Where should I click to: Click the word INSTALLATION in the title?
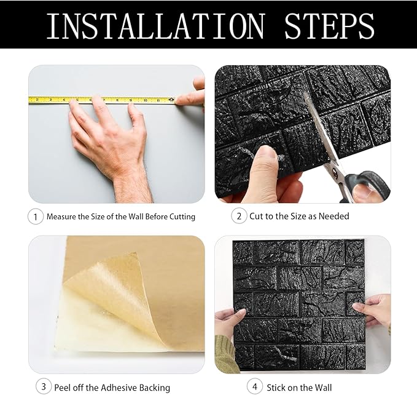pyautogui.click(x=155, y=26)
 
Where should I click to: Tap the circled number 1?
pyautogui.click(x=36, y=217)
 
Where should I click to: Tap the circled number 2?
pyautogui.click(x=238, y=217)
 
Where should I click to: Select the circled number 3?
pyautogui.click(x=43, y=387)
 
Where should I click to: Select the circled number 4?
pyautogui.click(x=255, y=387)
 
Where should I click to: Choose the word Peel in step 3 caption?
pyautogui.click(x=64, y=388)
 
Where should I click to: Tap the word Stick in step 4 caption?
pyautogui.click(x=276, y=388)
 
